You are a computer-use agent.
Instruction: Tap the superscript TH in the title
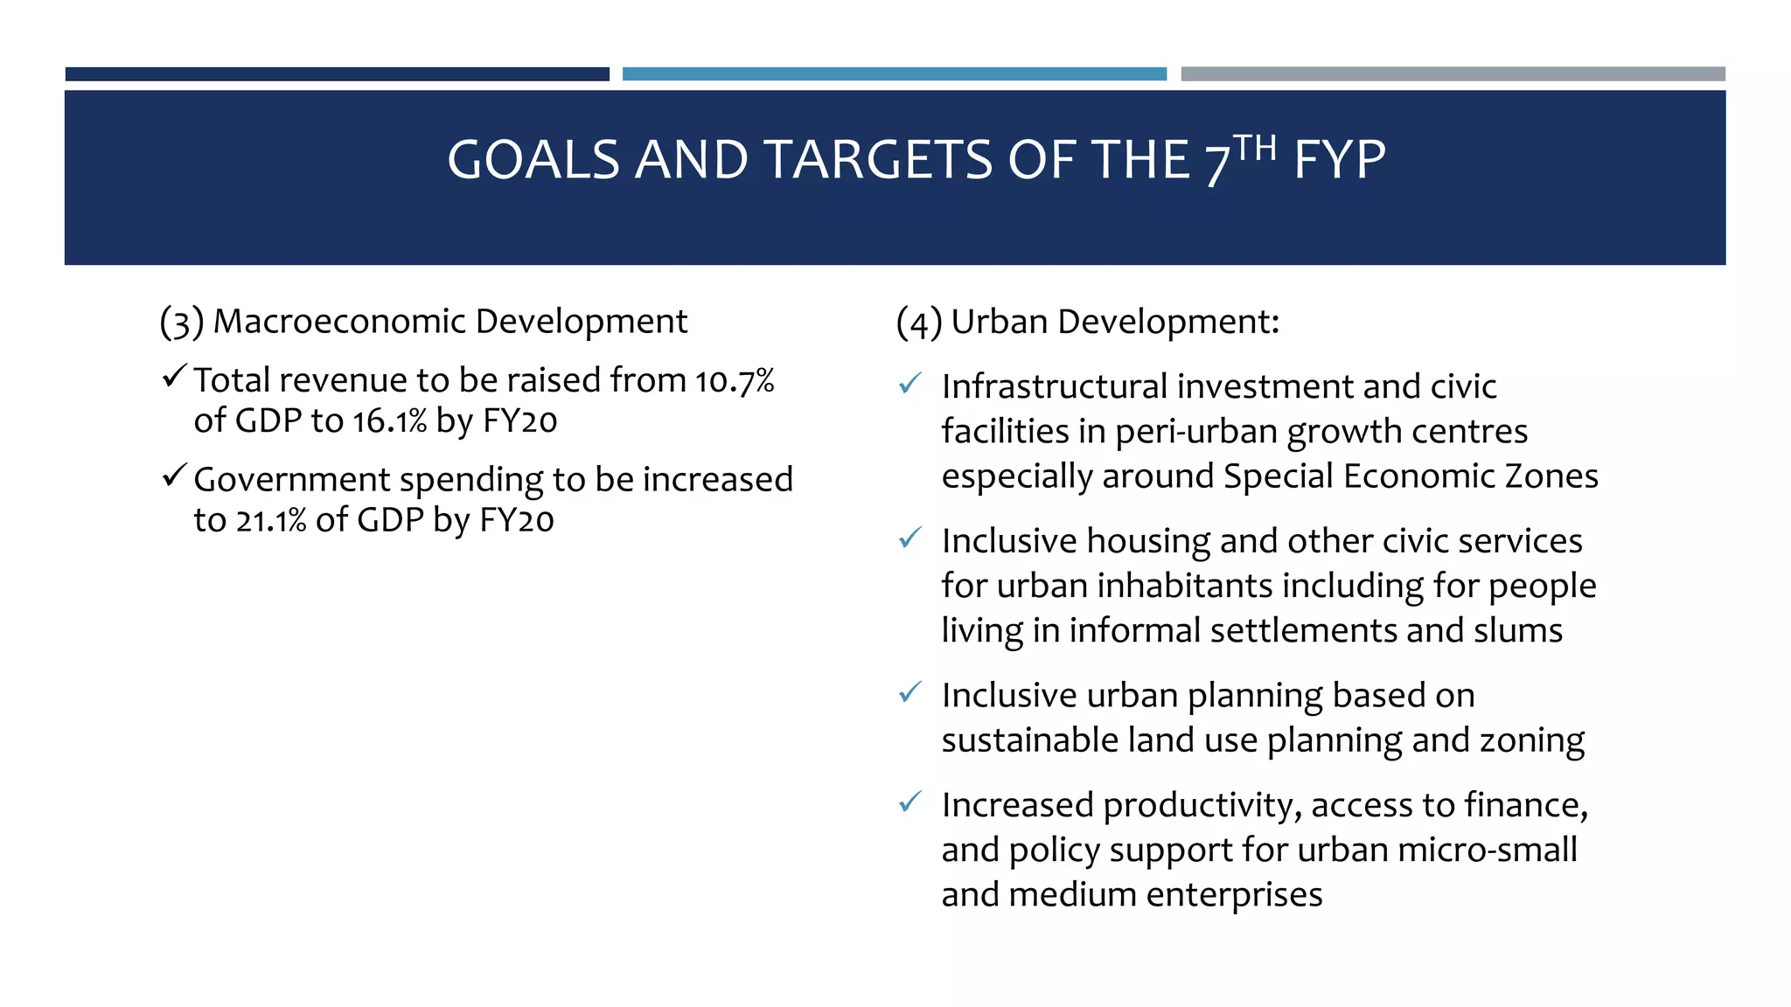pyautogui.click(x=1254, y=148)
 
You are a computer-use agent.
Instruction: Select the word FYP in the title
pyautogui.click(x=1339, y=161)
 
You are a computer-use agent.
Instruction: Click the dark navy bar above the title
pyautogui.click(x=337, y=74)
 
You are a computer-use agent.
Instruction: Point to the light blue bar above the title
pyautogui.click(x=894, y=74)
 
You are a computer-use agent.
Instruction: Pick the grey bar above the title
pyautogui.click(x=1453, y=74)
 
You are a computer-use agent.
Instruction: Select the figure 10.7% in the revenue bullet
pyautogui.click(x=735, y=381)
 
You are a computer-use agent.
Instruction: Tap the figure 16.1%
pyautogui.click(x=389, y=421)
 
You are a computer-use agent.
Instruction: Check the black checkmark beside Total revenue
pyautogui.click(x=173, y=378)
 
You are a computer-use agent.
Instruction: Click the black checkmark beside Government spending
pyautogui.click(x=173, y=476)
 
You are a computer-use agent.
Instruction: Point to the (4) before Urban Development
pyautogui.click(x=918, y=323)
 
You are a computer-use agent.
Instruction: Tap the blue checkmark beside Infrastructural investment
pyautogui.click(x=909, y=384)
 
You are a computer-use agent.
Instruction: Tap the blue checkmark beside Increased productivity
pyautogui.click(x=909, y=802)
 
